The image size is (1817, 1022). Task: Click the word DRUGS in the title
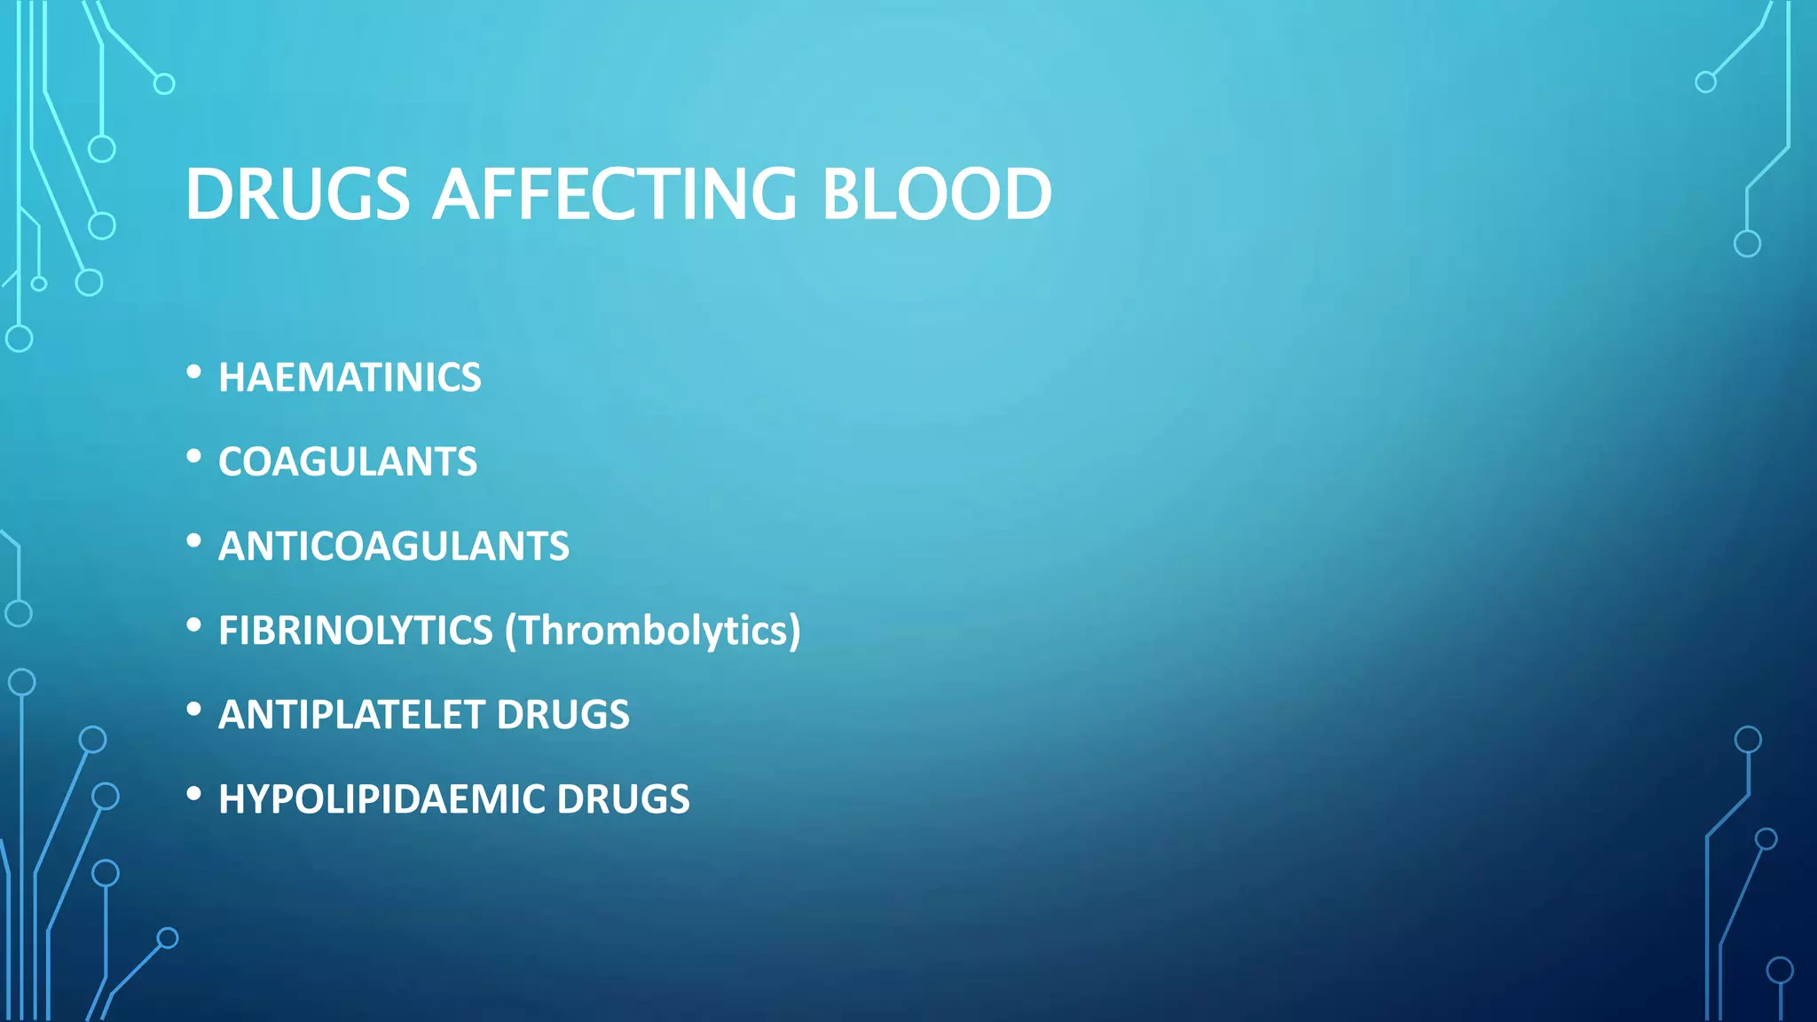(297, 194)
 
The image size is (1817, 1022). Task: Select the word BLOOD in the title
(937, 194)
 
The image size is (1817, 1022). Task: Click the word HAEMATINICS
(350, 378)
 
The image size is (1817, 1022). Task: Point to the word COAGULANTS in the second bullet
(348, 462)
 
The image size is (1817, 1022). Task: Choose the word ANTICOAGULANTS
(394, 546)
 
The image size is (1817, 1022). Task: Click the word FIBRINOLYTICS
(355, 631)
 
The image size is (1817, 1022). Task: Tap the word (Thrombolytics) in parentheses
(653, 631)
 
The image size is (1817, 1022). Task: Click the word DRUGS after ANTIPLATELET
(563, 715)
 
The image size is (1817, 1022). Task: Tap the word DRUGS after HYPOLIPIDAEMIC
(623, 799)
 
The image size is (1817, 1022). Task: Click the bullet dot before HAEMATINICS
(194, 373)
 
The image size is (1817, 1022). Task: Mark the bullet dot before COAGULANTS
(194, 458)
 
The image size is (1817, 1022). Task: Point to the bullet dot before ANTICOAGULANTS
(194, 542)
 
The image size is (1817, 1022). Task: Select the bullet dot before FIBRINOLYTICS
(194, 626)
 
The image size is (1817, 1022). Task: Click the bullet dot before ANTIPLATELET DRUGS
(194, 711)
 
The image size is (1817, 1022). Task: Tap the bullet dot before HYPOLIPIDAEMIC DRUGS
(194, 795)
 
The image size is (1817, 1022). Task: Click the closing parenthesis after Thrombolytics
(795, 631)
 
